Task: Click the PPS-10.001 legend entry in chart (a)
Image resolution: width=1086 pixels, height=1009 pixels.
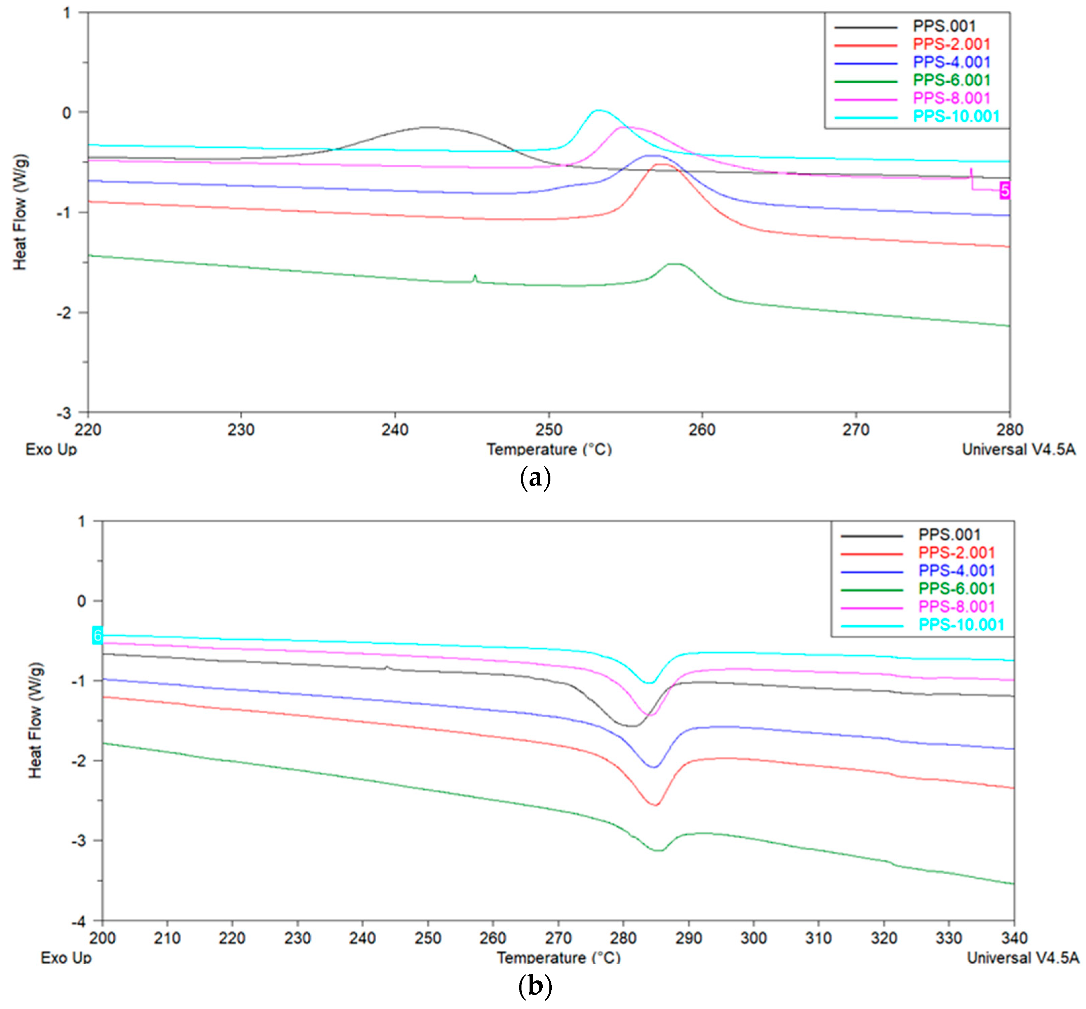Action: coord(956,116)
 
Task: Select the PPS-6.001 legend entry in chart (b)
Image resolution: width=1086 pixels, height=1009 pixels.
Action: coord(957,589)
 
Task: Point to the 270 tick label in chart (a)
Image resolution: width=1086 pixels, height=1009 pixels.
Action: coord(855,430)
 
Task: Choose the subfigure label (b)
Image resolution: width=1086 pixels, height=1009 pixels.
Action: coord(535,986)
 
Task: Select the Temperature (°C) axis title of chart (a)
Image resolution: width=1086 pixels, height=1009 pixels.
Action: coord(549,449)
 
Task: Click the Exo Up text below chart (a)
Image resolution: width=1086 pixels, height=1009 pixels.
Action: coord(51,449)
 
